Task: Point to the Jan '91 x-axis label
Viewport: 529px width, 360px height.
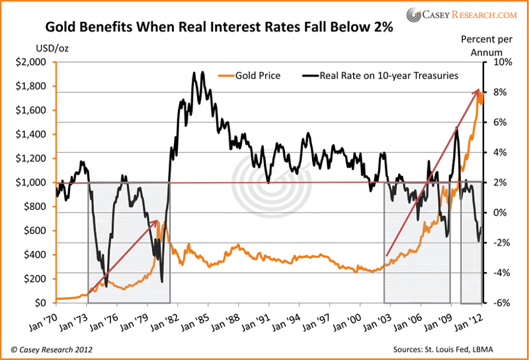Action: tap(265, 317)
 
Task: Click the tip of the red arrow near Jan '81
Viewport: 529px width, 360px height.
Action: tap(158, 220)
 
